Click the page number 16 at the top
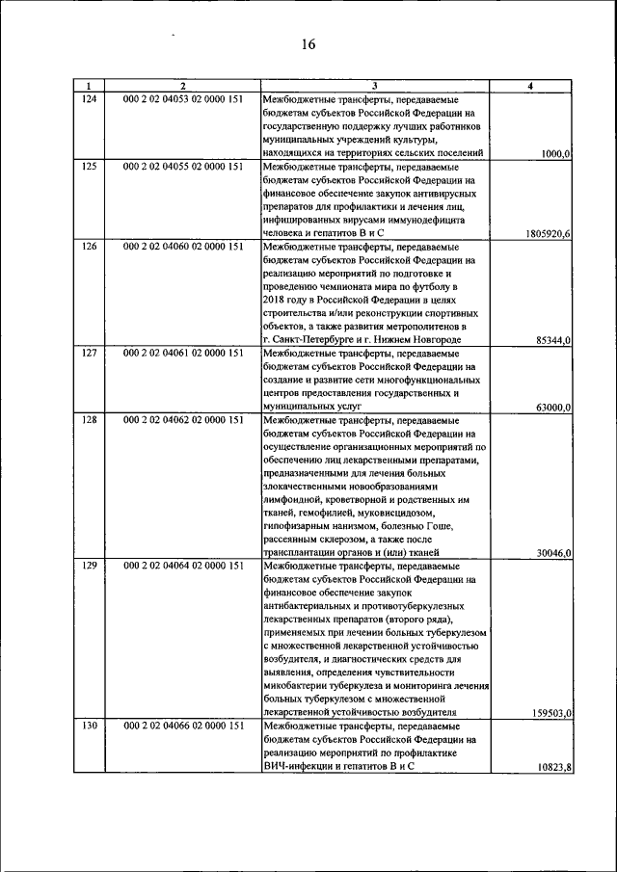pos(308,44)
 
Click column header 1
pos(89,87)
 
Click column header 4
pos(533,87)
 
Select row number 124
pos(89,99)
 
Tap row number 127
pos(89,353)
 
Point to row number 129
pos(89,566)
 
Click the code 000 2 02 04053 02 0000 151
pos(183,99)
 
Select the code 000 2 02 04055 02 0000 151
pos(183,166)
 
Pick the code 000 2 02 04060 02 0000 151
pos(183,247)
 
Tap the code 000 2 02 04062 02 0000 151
pos(183,420)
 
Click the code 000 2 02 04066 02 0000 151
pos(183,726)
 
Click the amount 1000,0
pos(556,153)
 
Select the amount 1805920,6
pos(548,233)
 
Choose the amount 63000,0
pos(553,408)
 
